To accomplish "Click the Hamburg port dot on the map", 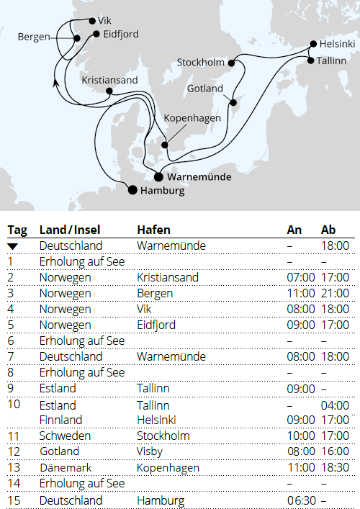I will tap(132, 190).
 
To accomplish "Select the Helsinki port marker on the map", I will tap(312, 44).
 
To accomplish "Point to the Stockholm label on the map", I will tap(201, 63).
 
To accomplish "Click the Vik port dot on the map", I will tap(91, 21).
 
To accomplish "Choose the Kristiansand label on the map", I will tap(109, 80).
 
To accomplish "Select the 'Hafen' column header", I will tap(153, 230).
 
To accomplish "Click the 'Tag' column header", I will tap(17, 230).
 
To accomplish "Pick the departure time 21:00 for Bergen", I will tap(335, 293).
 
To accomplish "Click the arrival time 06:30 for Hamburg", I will tap(300, 500).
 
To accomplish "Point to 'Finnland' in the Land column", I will tap(60, 420).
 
